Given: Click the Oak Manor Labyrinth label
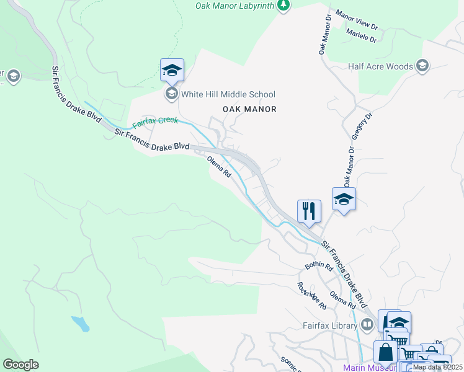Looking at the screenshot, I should pyautogui.click(x=234, y=5).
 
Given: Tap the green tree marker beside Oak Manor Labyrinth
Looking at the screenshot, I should pyautogui.click(x=283, y=5).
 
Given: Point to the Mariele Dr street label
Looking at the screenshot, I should pyautogui.click(x=362, y=35).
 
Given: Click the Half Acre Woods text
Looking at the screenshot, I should pyautogui.click(x=380, y=66).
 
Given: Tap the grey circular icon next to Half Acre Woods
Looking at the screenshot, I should pyautogui.click(x=422, y=66).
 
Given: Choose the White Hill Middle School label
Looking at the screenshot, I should pyautogui.click(x=228, y=94).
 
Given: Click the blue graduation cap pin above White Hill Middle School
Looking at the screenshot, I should pyautogui.click(x=172, y=70).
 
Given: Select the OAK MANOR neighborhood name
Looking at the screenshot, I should pyautogui.click(x=249, y=109).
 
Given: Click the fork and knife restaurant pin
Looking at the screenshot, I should pyautogui.click(x=308, y=211).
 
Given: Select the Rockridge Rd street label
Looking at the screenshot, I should pyautogui.click(x=311, y=296).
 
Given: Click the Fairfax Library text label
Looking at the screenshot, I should pyautogui.click(x=329, y=325).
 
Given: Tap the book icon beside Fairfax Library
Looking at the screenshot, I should pyautogui.click(x=367, y=324).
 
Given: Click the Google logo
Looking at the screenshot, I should pyautogui.click(x=20, y=365).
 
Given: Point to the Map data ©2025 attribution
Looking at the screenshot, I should pyautogui.click(x=437, y=367).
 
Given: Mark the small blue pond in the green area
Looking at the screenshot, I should pyautogui.click(x=81, y=323).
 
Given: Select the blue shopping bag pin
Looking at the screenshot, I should pyautogui.click(x=385, y=352).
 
